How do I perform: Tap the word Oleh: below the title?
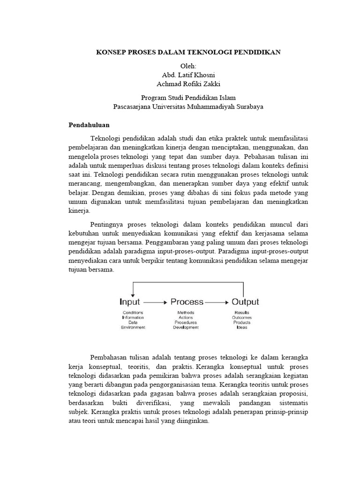(188, 66)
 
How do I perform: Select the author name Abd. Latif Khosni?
(188, 75)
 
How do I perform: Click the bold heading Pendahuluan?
(89, 125)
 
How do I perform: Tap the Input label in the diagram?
(130, 302)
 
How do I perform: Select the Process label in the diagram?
(187, 302)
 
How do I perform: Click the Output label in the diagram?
(245, 302)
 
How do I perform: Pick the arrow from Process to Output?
(217, 302)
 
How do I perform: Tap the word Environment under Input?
(133, 328)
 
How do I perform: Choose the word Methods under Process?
(186, 313)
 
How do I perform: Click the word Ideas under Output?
(242, 328)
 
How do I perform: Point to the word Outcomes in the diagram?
(242, 318)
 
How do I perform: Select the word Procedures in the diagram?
(186, 323)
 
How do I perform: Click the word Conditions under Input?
(133, 313)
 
